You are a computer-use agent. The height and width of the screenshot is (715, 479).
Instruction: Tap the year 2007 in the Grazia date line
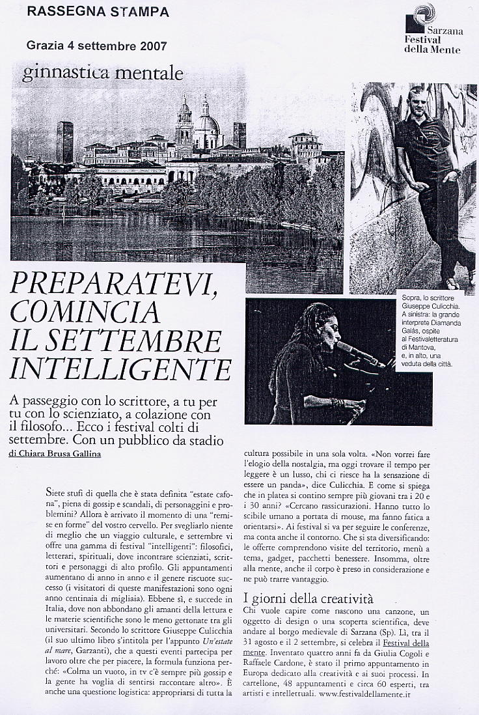click(151, 46)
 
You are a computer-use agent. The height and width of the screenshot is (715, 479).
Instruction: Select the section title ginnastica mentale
click(102, 74)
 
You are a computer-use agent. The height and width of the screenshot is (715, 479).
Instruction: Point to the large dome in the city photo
click(207, 123)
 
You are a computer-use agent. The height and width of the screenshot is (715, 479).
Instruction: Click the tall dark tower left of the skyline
click(64, 141)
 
